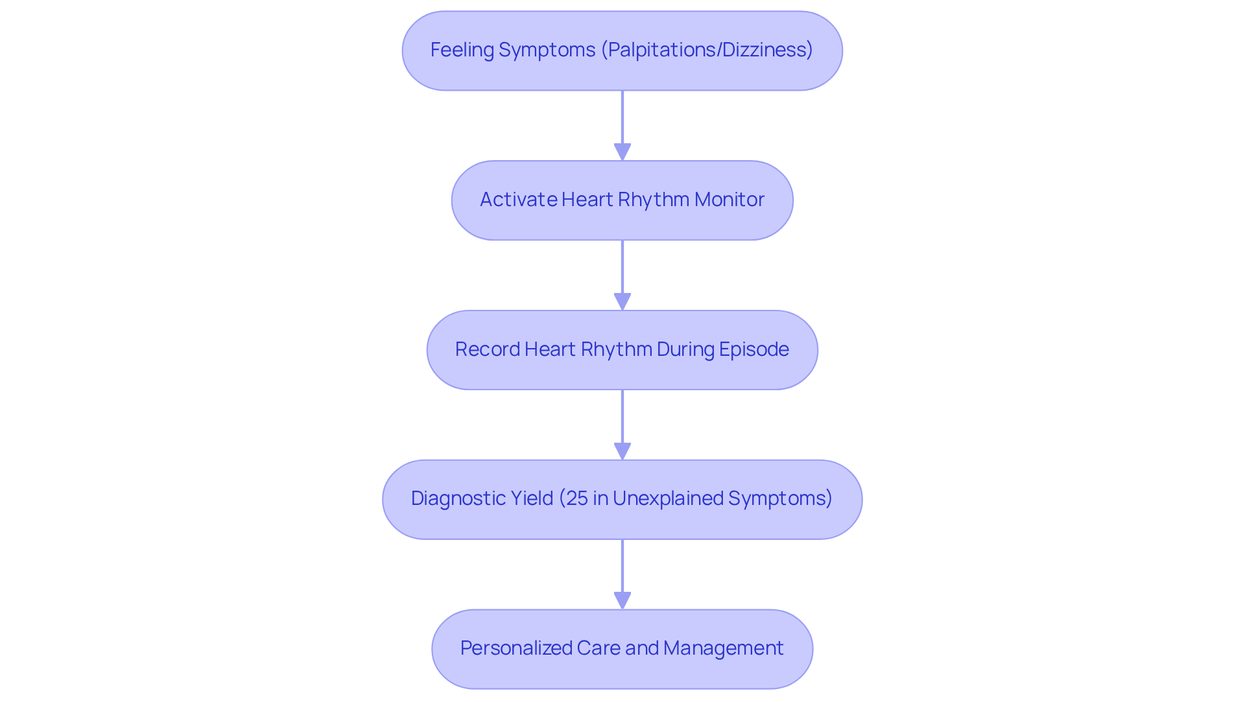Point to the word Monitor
729,200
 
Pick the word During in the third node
683,349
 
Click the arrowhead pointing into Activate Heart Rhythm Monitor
622,152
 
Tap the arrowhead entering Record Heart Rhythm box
622,301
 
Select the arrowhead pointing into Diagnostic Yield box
622,451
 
